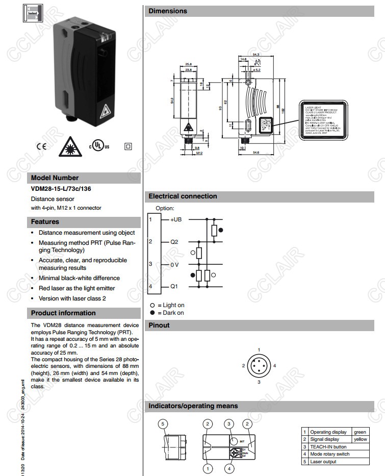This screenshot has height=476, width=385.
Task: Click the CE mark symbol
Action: point(41,146)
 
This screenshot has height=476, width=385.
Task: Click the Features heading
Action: point(45,222)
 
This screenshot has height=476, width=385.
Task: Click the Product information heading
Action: point(63,313)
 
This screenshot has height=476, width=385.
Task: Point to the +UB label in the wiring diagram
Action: point(176,219)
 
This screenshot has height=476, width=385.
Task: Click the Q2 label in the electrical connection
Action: point(174,241)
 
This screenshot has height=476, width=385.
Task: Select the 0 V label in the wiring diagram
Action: point(174,264)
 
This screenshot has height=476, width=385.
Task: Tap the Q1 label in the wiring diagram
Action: point(174,287)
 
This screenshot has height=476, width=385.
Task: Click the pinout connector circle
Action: point(259,366)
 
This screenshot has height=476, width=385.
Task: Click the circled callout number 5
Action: point(162,424)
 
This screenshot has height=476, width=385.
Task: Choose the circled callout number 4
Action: point(230,468)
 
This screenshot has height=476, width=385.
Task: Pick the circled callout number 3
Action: point(230,424)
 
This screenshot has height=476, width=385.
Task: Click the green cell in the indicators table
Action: point(360,432)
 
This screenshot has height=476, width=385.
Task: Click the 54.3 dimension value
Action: point(256,54)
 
